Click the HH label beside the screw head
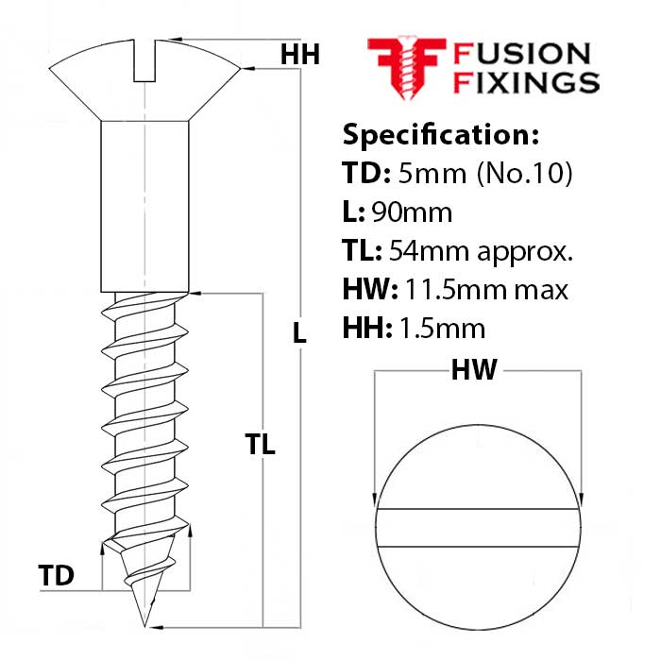point(299,56)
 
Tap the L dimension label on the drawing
point(299,331)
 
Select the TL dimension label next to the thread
point(260,445)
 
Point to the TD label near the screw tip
point(57,575)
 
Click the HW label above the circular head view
point(473,371)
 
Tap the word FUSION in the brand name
point(522,54)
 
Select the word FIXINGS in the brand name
point(527,83)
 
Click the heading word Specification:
point(440,135)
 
